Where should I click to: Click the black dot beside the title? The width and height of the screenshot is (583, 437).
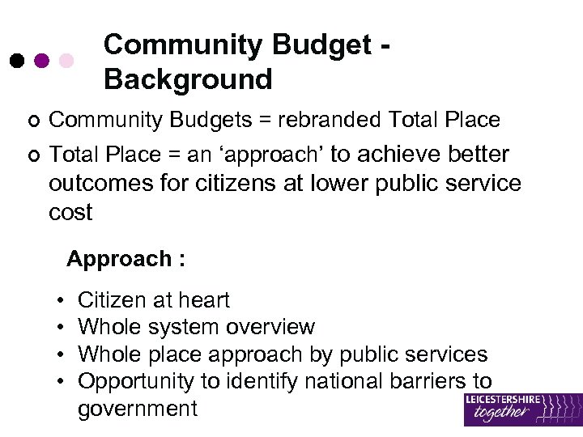click(x=16, y=61)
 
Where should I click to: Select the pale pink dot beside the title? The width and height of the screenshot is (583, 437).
click(x=67, y=61)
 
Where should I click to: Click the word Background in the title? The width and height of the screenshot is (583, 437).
click(x=188, y=80)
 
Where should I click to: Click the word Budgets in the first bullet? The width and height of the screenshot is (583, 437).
click(x=202, y=121)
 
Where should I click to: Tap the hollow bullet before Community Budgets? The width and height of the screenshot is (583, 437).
click(x=32, y=121)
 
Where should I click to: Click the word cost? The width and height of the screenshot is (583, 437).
click(x=70, y=213)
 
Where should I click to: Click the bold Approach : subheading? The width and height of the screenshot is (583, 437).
click(x=126, y=259)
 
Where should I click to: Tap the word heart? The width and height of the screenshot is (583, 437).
click(x=202, y=300)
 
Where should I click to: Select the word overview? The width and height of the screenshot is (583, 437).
click(x=270, y=327)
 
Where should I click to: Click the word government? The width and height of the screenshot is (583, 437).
click(x=137, y=408)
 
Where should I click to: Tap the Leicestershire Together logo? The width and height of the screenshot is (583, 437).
click(x=522, y=409)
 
